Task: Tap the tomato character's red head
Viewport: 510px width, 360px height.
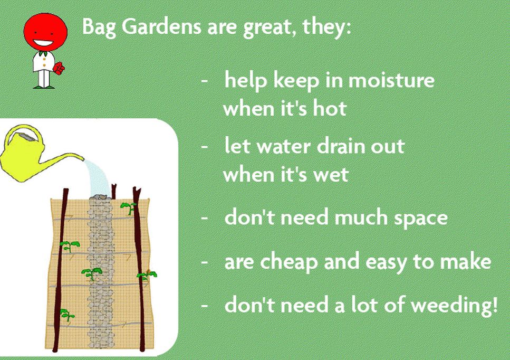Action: point(45,32)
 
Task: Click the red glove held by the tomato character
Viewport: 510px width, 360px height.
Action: point(59,68)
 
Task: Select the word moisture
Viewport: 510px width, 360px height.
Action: point(391,80)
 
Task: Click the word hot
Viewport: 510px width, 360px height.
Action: point(330,108)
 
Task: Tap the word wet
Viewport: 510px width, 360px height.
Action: point(331,175)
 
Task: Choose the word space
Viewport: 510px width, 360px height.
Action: point(420,219)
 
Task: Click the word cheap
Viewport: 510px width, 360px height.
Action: point(288,261)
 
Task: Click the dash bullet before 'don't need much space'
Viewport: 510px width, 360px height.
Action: point(205,217)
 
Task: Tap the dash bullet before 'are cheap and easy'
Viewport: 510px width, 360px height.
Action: point(205,262)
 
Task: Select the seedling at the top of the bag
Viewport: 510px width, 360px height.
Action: point(129,207)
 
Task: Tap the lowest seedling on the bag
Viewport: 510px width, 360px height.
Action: point(67,315)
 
